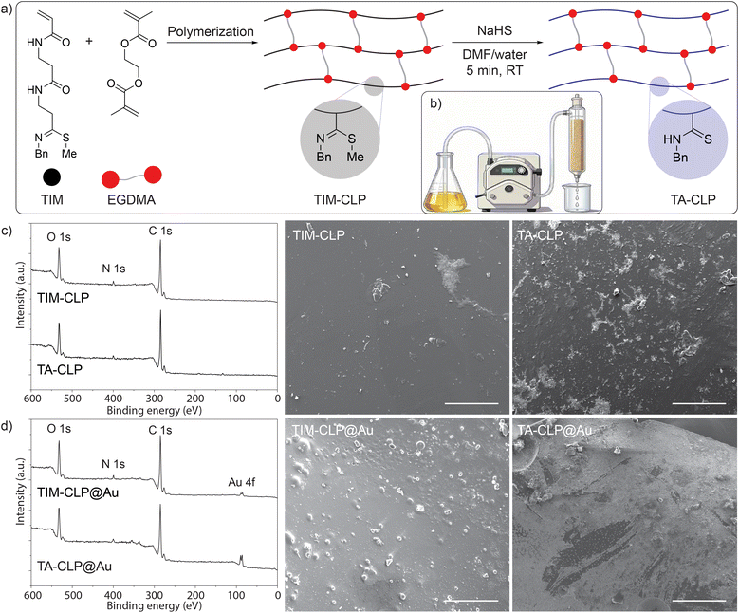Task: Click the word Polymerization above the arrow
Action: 211,32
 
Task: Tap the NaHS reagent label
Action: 495,31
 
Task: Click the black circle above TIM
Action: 52,176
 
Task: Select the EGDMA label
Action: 132,200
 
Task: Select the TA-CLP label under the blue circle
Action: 693,200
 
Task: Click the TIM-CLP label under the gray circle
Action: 340,200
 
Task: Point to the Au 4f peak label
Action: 242,482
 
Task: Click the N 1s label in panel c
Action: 114,269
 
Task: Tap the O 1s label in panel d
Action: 59,429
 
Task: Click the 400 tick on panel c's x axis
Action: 114,399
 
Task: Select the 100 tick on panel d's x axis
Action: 236,595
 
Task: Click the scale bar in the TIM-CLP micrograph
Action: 471,403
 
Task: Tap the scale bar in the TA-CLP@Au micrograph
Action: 699,601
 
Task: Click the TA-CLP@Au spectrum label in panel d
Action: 74,566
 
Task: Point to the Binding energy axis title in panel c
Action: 154,410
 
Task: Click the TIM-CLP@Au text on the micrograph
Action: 333,431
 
